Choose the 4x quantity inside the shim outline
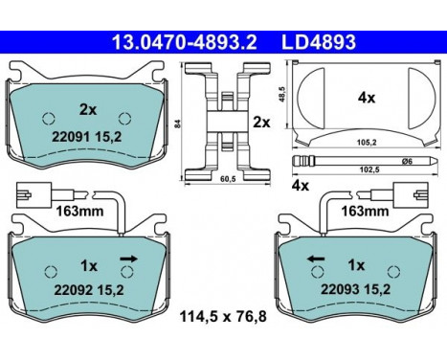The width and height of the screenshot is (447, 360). (x=366, y=98)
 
